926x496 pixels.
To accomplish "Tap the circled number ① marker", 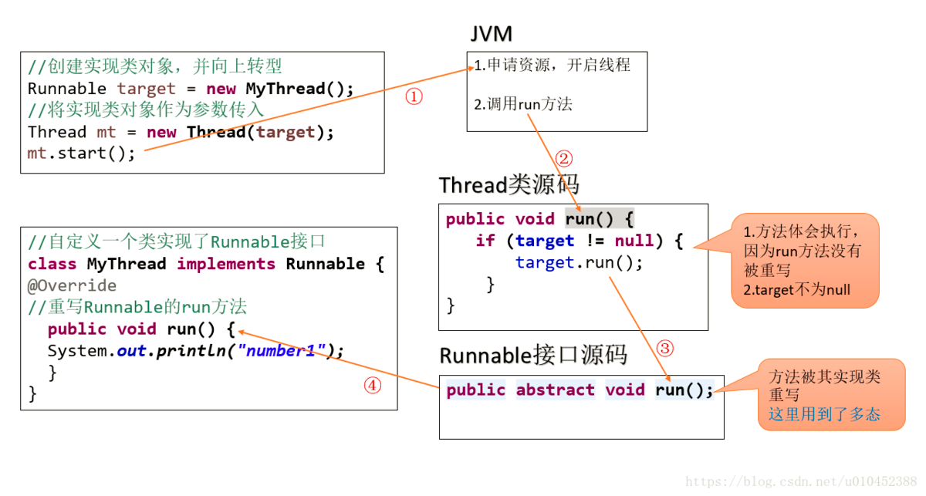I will (414, 96).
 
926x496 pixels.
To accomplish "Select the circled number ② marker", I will (564, 158).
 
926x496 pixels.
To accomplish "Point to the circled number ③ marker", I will (665, 348).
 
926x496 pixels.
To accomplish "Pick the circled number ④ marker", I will (373, 385).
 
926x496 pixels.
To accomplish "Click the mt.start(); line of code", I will (81, 154).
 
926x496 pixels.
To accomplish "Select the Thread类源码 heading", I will (509, 185).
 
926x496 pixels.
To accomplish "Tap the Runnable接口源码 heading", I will (533, 356).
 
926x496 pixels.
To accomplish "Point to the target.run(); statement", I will (579, 262).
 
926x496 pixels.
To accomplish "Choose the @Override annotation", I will (72, 285).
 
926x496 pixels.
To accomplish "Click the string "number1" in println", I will (282, 351).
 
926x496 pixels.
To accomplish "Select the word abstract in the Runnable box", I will (555, 390).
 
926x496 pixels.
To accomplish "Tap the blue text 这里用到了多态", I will (823, 415).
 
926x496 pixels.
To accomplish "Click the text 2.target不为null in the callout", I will (796, 290).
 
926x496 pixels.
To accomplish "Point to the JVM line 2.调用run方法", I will (523, 104).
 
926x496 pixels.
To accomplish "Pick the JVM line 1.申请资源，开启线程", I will (552, 66).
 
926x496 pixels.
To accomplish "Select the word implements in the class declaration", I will (225, 264).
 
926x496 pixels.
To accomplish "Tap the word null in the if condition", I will (634, 241).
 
